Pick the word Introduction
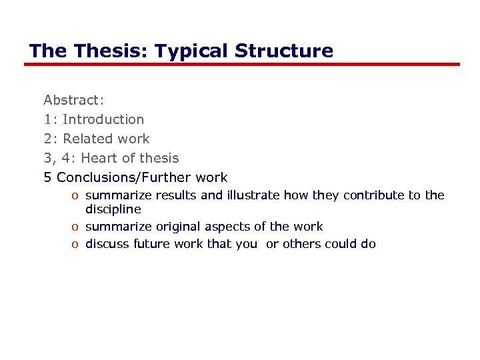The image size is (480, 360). click(103, 119)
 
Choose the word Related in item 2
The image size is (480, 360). click(86, 139)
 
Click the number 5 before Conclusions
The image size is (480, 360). click(47, 177)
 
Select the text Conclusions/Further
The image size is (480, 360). click(125, 177)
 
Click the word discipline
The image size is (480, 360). click(113, 209)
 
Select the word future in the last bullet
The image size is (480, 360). click(151, 244)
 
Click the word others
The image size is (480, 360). click(302, 244)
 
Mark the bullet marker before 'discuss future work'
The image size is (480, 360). click(77, 245)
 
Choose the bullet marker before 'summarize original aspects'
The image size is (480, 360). click(77, 227)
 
